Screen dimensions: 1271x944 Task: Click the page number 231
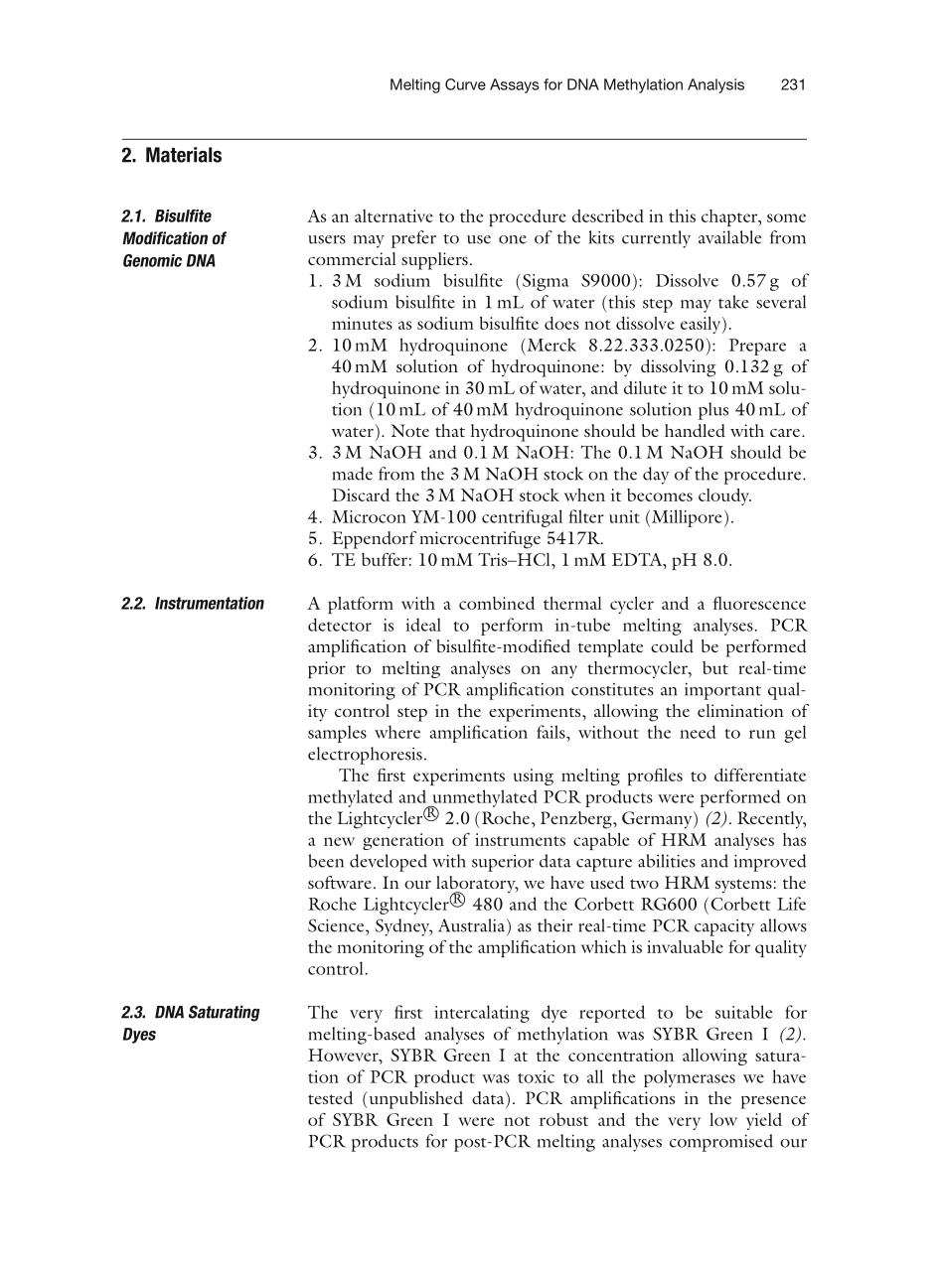pos(792,85)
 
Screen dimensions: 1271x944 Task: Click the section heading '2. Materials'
pos(172,156)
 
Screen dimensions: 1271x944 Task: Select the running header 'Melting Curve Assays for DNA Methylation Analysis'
pos(566,85)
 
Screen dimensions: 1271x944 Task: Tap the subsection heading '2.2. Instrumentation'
pos(193,604)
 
